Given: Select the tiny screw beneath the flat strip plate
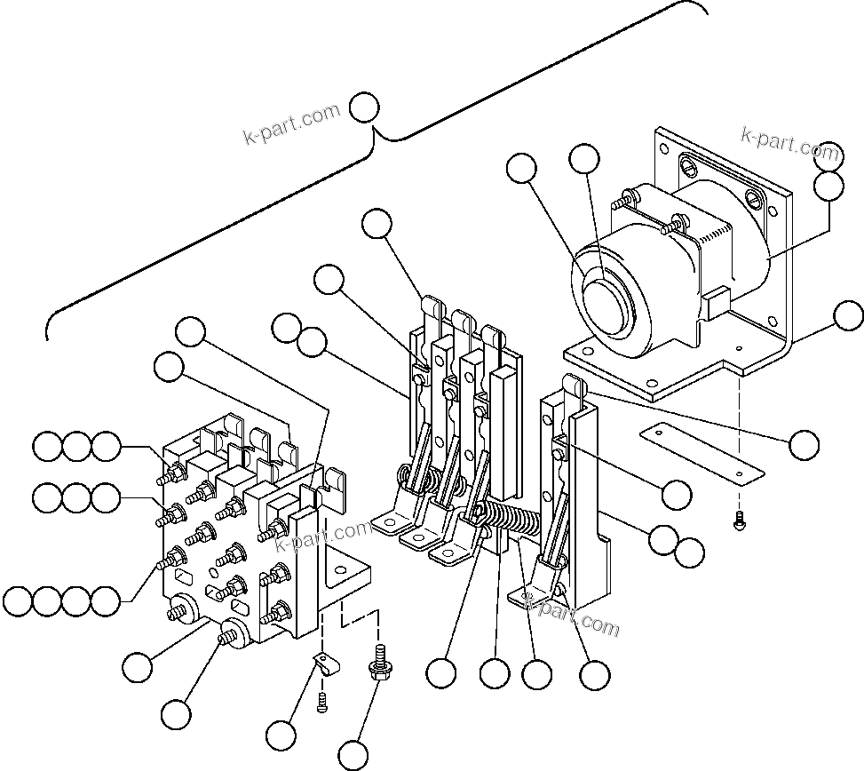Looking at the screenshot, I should point(739,523).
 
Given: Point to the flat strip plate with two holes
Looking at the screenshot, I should point(702,450).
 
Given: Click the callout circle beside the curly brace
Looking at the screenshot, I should point(365,108).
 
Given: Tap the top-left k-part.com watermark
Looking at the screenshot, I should point(292,125).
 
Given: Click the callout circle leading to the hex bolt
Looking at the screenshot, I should point(353,754).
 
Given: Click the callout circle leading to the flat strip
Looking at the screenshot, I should point(805,445).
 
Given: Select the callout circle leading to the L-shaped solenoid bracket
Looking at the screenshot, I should point(849,315).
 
